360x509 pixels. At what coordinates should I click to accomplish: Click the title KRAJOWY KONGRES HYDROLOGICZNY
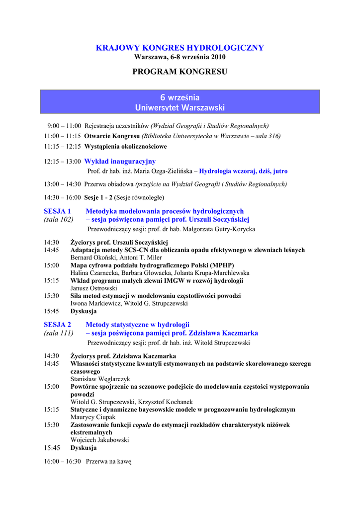coord(180,48)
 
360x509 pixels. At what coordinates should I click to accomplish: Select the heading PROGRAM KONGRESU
coord(180,72)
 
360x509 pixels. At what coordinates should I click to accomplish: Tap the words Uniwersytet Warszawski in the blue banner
coord(180,107)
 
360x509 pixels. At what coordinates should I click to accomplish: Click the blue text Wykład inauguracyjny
coord(120,161)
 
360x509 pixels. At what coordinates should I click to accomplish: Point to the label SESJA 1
coord(57,211)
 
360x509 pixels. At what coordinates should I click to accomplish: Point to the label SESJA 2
coord(57,325)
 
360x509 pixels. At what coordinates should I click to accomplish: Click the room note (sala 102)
coord(59,219)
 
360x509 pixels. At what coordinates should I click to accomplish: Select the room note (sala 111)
coord(59,333)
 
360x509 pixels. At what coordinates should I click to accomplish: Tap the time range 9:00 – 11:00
coord(64,126)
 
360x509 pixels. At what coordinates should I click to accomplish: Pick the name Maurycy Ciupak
coord(92,417)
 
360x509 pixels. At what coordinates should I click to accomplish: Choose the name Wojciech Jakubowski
coord(99,440)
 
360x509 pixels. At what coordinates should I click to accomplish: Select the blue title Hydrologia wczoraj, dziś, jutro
coord(243,171)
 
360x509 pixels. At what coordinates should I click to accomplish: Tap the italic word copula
coord(142,425)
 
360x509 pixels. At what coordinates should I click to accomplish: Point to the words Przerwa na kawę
coord(108,461)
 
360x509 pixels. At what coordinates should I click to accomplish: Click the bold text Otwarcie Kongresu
coord(112,136)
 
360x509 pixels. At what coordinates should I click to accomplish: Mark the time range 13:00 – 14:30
coord(62,184)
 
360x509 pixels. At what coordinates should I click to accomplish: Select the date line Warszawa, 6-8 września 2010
coord(180,57)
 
